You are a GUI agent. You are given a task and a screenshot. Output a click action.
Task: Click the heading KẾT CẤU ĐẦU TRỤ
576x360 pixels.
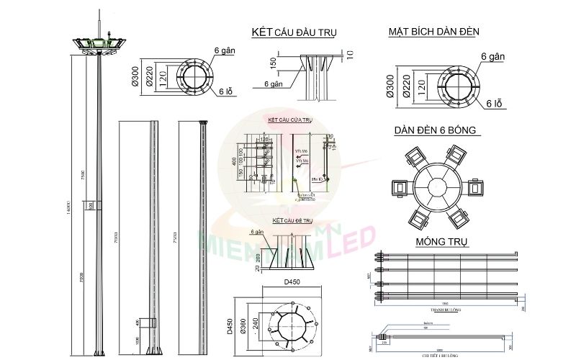pos(294,32)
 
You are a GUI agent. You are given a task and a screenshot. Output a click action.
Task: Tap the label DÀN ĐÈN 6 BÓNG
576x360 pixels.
pos(438,131)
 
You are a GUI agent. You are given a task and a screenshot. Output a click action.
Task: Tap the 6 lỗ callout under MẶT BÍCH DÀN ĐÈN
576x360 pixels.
pos(494,104)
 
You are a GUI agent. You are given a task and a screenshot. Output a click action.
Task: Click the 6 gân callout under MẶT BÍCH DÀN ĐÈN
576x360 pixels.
pos(494,55)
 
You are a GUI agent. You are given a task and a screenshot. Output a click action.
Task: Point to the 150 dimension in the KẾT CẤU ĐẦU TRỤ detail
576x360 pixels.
pos(273,64)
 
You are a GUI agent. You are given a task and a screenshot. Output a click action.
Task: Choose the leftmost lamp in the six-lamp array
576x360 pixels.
pos(397,188)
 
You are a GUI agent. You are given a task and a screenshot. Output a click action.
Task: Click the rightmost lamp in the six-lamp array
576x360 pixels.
pos(476,188)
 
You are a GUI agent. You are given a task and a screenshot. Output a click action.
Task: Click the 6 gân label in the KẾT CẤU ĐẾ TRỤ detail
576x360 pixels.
pos(256,233)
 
